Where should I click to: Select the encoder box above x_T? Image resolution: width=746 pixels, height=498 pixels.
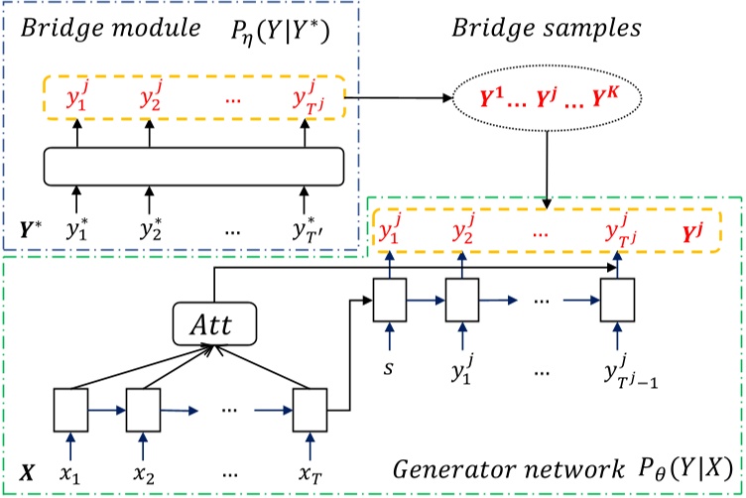(x=308, y=407)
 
